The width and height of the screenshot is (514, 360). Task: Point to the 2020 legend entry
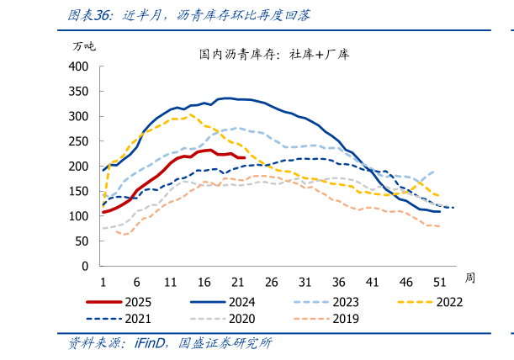pyautogui.click(x=239, y=319)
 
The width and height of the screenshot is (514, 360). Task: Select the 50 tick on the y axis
pyautogui.click(x=82, y=241)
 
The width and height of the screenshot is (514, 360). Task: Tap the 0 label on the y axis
pyautogui.click(x=85, y=266)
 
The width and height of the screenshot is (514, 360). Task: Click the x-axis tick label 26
pyautogui.click(x=271, y=282)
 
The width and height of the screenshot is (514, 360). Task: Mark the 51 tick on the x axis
pyautogui.click(x=439, y=282)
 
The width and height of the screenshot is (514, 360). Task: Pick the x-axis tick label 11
pyautogui.click(x=170, y=282)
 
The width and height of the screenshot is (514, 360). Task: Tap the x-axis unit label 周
pyautogui.click(x=469, y=277)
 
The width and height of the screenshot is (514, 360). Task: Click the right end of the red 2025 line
pyautogui.click(x=244, y=157)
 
